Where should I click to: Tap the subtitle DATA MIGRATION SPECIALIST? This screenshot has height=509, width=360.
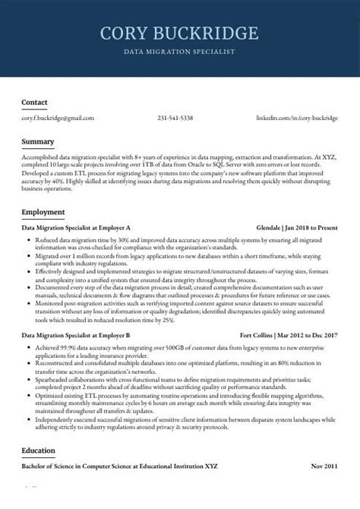pos(179,52)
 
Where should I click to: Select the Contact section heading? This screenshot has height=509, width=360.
pos(34,102)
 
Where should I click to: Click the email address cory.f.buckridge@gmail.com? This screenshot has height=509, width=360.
pos(58,119)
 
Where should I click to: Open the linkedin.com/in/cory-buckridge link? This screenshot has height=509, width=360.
pos(297,119)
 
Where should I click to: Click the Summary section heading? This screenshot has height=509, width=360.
pos(37,142)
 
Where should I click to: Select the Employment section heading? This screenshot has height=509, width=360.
pos(43,211)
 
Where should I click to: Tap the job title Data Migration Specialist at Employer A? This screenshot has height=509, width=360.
pos(76,228)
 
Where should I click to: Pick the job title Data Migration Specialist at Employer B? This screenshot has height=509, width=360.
pos(76,335)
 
